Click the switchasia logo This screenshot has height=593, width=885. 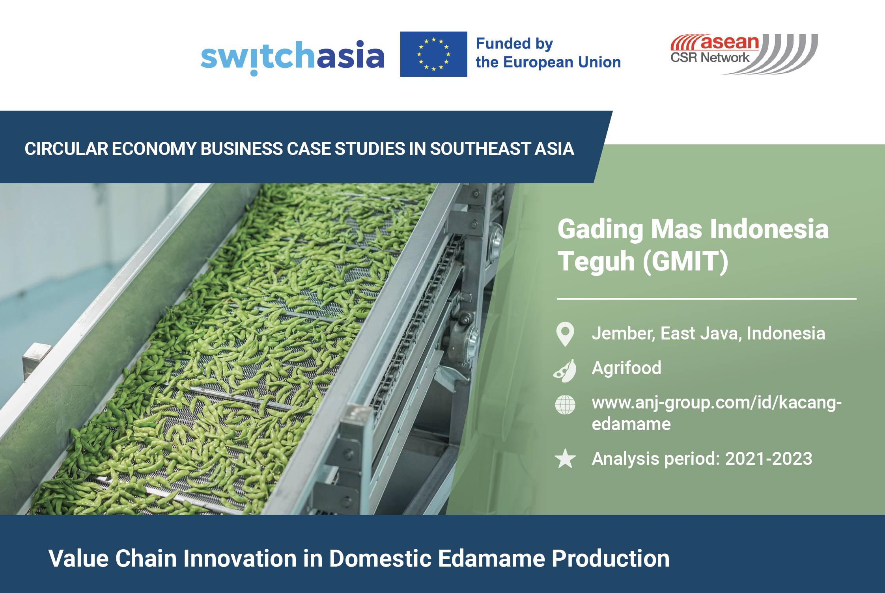[x=292, y=57]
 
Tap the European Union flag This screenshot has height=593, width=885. [x=433, y=54]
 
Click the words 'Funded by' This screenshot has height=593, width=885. [x=514, y=43]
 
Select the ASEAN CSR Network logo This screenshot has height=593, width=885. [x=743, y=54]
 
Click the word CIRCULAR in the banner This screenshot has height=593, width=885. [x=66, y=149]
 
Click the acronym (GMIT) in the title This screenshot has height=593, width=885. [x=685, y=261]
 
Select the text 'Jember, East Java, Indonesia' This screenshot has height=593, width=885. [x=708, y=334]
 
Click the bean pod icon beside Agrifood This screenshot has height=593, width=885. [x=565, y=371]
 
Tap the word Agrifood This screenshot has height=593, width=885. [x=626, y=368]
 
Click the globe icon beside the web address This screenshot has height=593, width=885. [x=565, y=405]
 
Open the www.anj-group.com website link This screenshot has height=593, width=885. [x=716, y=403]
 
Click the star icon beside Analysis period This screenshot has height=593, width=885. [x=565, y=459]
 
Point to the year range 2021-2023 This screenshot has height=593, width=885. [x=768, y=459]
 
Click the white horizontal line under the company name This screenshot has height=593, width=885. [x=706, y=299]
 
